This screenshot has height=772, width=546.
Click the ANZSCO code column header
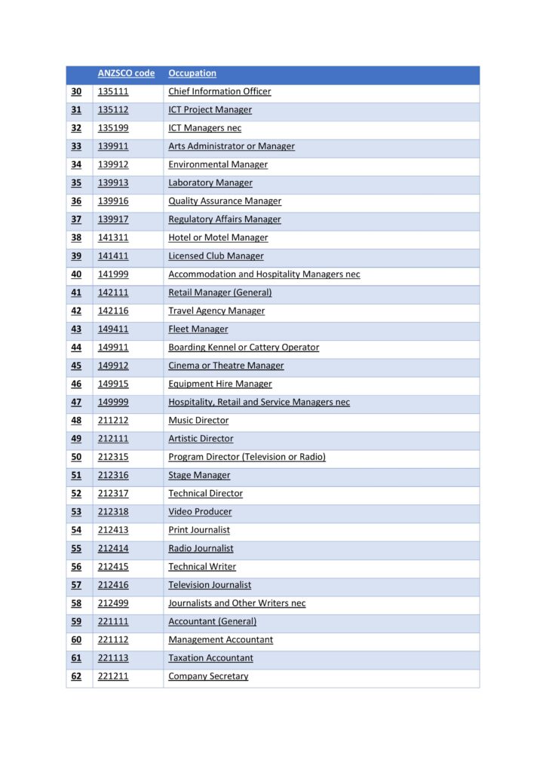[x=126, y=73]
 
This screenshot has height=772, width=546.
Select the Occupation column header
[x=192, y=73]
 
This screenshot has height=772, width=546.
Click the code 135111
[x=113, y=91]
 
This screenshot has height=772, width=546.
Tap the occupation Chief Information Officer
[x=219, y=91]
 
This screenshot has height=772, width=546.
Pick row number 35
[x=76, y=182]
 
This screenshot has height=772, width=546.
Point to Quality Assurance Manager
[x=225, y=201]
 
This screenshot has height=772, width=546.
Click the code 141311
[x=113, y=237]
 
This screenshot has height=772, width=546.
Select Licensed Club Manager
[x=216, y=256]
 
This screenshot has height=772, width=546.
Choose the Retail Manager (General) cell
[x=219, y=293]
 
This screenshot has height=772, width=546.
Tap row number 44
[x=76, y=348]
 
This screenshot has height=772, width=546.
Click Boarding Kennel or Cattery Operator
[x=244, y=348]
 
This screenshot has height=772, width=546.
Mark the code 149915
[x=113, y=384]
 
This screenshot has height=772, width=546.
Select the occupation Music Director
[x=198, y=421]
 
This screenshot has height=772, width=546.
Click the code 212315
[x=113, y=457]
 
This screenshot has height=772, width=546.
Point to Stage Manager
[x=199, y=475]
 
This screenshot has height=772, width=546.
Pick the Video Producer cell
[x=200, y=512]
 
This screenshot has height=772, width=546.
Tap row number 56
[x=76, y=567]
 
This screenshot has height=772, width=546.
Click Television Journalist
[x=210, y=585]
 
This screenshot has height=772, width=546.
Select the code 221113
[x=113, y=658]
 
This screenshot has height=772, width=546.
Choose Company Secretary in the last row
[x=208, y=676]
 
